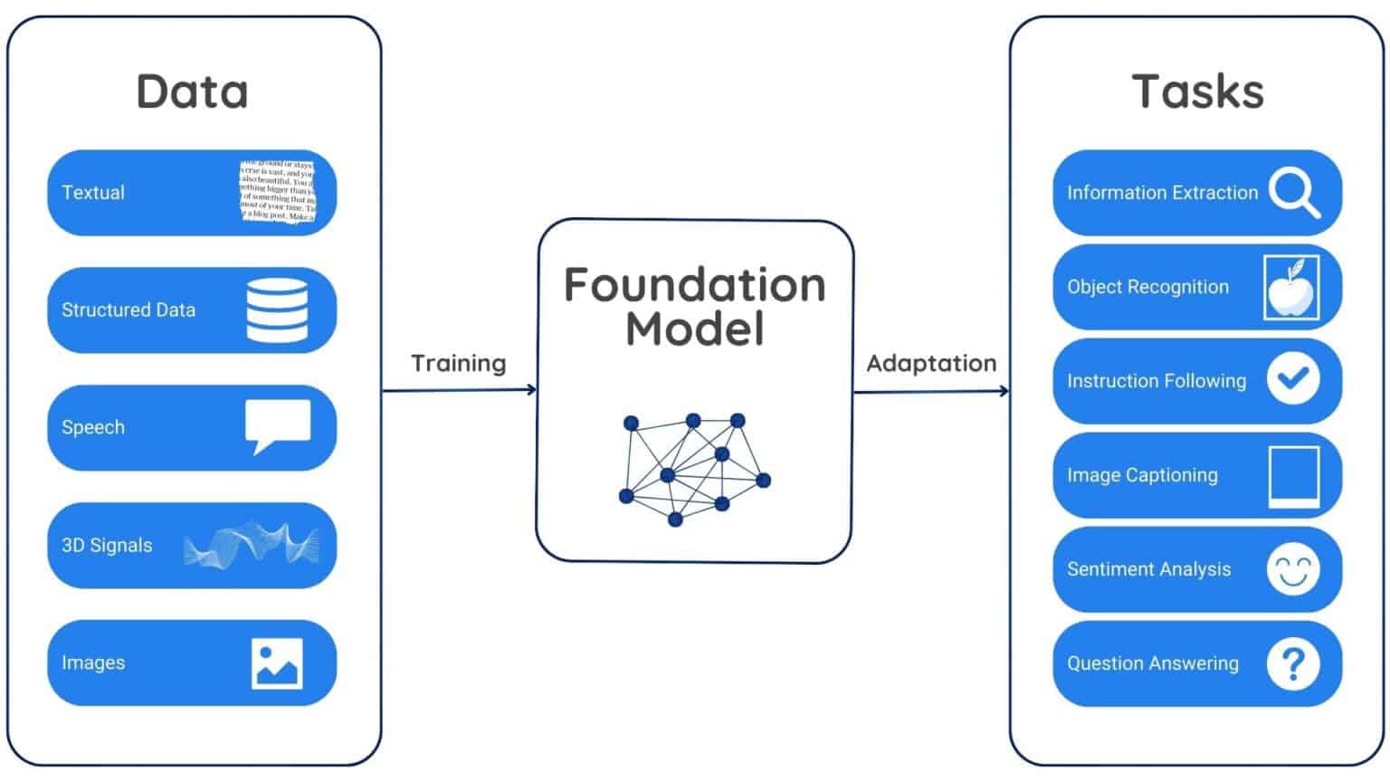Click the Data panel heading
click(x=192, y=91)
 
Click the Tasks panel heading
click(x=1197, y=91)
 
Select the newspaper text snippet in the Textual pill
click(x=278, y=192)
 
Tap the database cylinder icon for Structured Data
click(x=277, y=310)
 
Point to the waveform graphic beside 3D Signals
click(x=252, y=545)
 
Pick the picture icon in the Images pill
click(x=277, y=663)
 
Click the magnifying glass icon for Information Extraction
click(x=1293, y=193)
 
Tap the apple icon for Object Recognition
click(x=1291, y=287)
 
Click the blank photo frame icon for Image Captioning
click(x=1293, y=475)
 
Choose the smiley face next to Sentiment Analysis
click(x=1292, y=569)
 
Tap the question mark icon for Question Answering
click(x=1292, y=663)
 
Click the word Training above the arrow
click(x=458, y=363)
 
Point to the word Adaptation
click(x=931, y=363)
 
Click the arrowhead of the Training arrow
click(x=532, y=390)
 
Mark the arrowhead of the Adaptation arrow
click(x=1004, y=391)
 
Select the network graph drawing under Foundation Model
click(x=694, y=469)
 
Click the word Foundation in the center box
click(x=694, y=285)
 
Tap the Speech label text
click(x=93, y=427)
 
